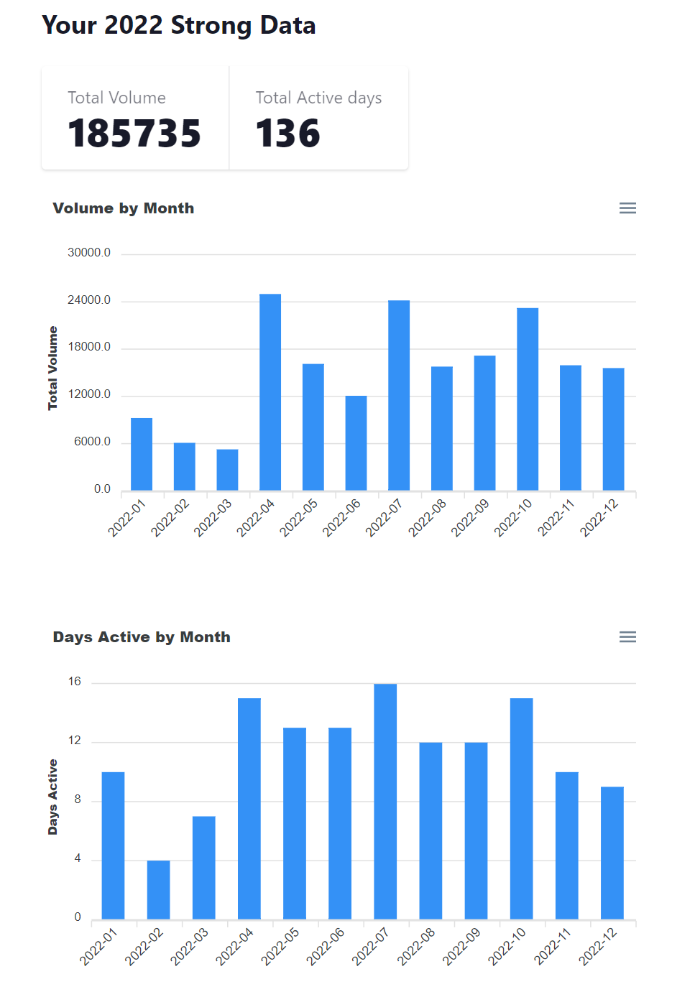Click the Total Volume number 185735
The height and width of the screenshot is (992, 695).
[134, 134]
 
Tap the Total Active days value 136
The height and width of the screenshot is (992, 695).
[287, 134]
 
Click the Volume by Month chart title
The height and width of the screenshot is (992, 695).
[123, 208]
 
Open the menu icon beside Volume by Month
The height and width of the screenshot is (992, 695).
[627, 208]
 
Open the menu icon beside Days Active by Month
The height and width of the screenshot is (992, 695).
[627, 637]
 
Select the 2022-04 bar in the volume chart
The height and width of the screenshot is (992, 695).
[270, 391]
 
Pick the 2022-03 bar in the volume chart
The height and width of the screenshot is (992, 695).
[227, 470]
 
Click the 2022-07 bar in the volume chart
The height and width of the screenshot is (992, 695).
[399, 395]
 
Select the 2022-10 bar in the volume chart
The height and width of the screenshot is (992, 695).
[528, 399]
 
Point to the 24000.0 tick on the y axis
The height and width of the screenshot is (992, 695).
[89, 300]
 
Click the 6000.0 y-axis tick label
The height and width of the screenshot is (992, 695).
[92, 442]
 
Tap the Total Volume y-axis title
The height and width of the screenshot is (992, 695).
[52, 368]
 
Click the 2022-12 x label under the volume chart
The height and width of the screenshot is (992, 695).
[599, 517]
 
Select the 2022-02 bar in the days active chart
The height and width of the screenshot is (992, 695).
[158, 889]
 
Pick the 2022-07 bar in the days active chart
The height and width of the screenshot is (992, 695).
[385, 801]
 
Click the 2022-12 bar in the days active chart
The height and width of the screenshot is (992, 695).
[612, 853]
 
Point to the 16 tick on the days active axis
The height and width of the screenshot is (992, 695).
[75, 682]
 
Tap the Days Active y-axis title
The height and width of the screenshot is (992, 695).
[52, 797]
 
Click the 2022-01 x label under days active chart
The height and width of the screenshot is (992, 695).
[98, 946]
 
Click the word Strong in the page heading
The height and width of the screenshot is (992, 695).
[211, 26]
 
